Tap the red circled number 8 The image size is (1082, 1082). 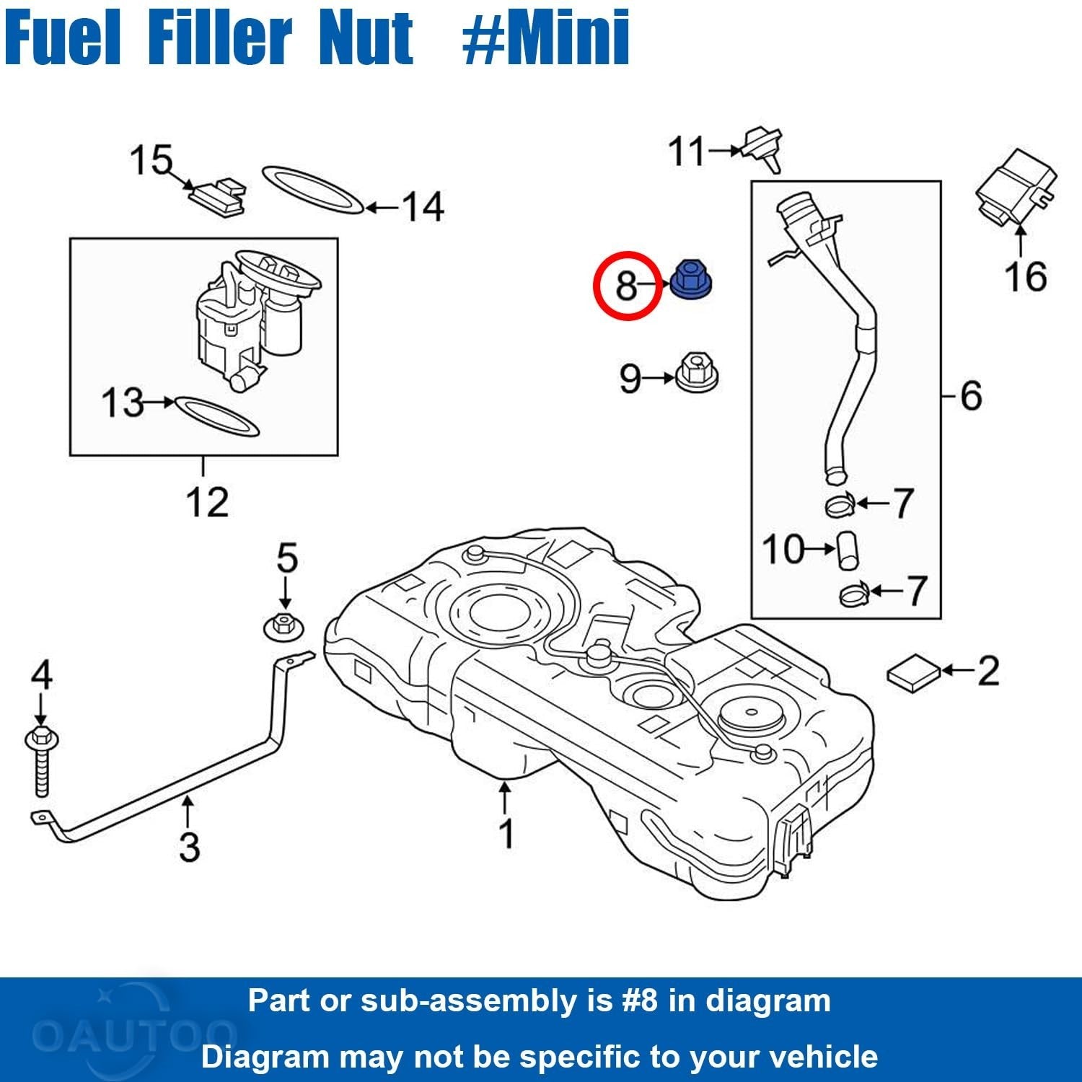tap(626, 286)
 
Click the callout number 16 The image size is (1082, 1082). tap(1025, 276)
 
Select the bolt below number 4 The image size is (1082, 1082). tap(41, 761)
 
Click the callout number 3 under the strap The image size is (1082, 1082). tap(189, 846)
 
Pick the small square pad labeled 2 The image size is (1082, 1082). tap(913, 672)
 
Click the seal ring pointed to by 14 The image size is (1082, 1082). tap(312, 190)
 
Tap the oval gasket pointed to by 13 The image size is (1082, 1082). tap(216, 415)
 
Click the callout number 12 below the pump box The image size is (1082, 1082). tap(207, 502)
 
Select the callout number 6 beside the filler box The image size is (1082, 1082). tap(971, 395)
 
